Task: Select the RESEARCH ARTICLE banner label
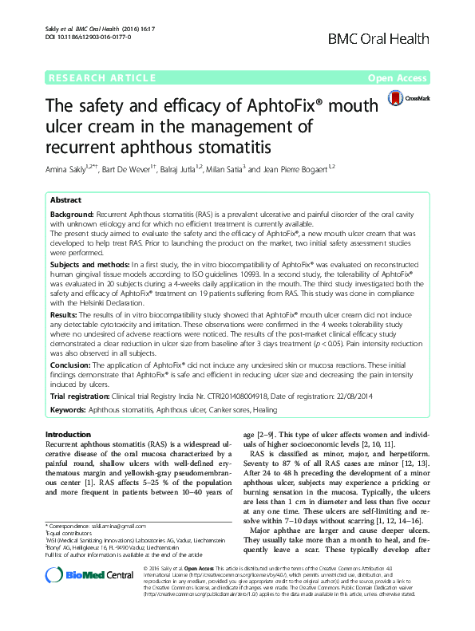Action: (102, 78)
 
